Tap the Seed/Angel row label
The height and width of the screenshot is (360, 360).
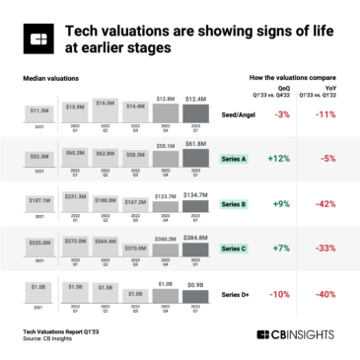point(240,115)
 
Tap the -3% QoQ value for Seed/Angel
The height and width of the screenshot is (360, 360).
point(282,115)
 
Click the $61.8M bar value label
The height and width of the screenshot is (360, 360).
point(195,144)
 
